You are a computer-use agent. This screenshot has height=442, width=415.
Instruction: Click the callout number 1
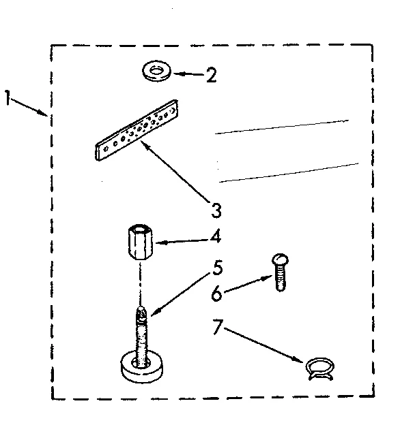(8, 99)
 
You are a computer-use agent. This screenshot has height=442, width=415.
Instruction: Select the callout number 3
(216, 208)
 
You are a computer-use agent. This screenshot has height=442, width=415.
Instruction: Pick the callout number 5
(217, 268)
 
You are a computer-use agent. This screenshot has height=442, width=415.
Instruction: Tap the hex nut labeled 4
(141, 242)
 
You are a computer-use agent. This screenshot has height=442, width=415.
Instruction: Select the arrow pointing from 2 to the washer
(188, 72)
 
